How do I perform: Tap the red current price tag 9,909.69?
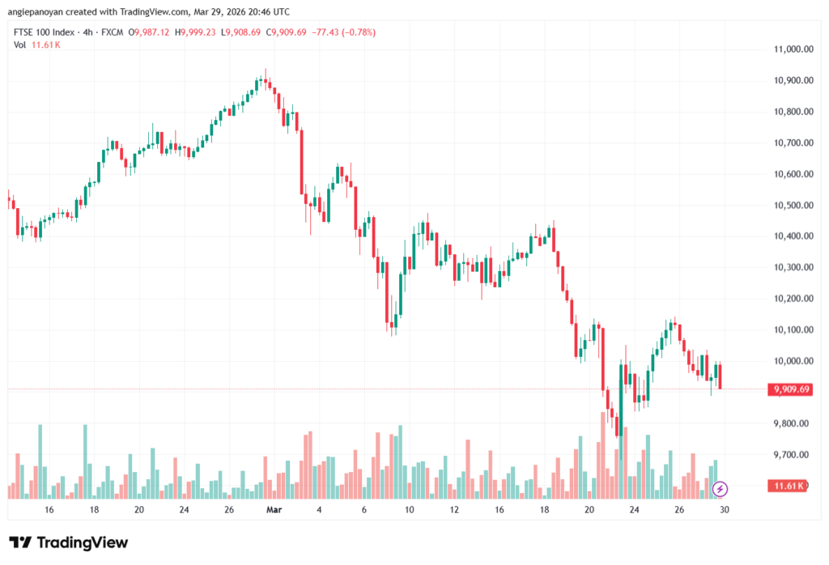click(790, 389)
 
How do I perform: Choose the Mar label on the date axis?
click(274, 510)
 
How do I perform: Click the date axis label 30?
click(725, 510)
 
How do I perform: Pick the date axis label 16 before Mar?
click(49, 510)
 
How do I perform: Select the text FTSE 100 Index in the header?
click(45, 32)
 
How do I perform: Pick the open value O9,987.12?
click(156, 32)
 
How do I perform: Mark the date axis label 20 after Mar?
click(589, 510)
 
